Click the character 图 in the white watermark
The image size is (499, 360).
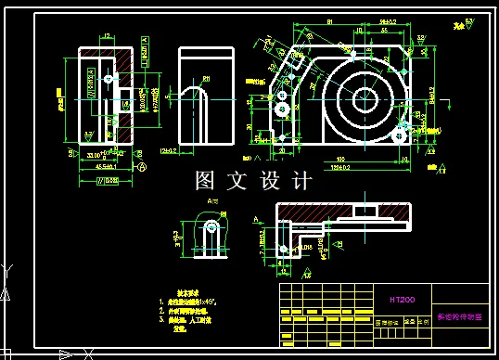pos(206,180)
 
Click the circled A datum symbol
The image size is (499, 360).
pos(142,168)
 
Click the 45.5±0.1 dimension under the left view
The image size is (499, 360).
pos(106,168)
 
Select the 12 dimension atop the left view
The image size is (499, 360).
pos(108,36)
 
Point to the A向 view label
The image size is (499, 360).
pos(212,200)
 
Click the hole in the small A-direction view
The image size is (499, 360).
pos(212,227)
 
